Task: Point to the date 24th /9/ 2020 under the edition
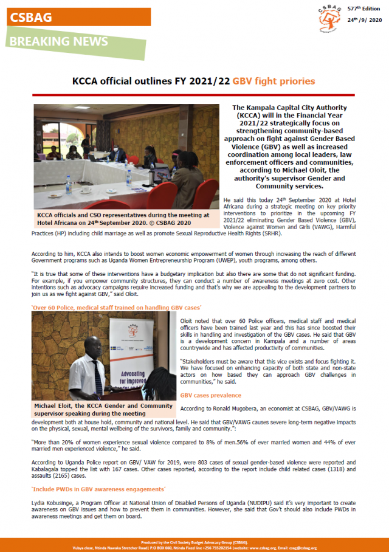tap(364, 19)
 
